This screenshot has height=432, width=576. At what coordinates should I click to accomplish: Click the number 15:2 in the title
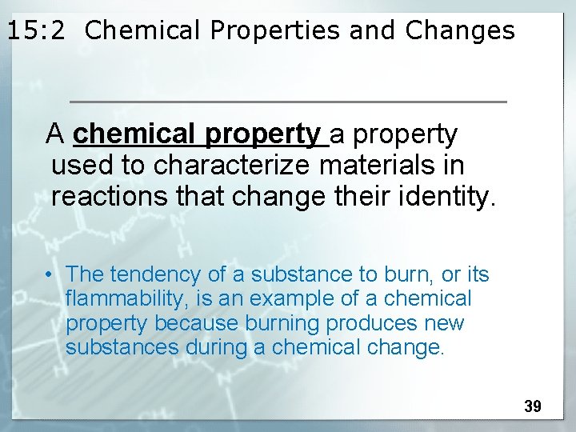click(x=38, y=30)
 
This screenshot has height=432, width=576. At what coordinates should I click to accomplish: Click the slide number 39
click(x=533, y=406)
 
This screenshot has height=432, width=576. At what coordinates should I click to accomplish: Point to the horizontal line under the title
click(x=288, y=102)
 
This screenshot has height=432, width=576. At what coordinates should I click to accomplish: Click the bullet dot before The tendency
click(x=50, y=275)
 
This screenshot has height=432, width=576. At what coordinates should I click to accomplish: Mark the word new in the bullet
click(x=445, y=323)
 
